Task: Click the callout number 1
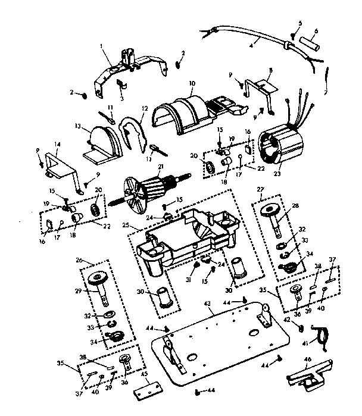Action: [x=102, y=45]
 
